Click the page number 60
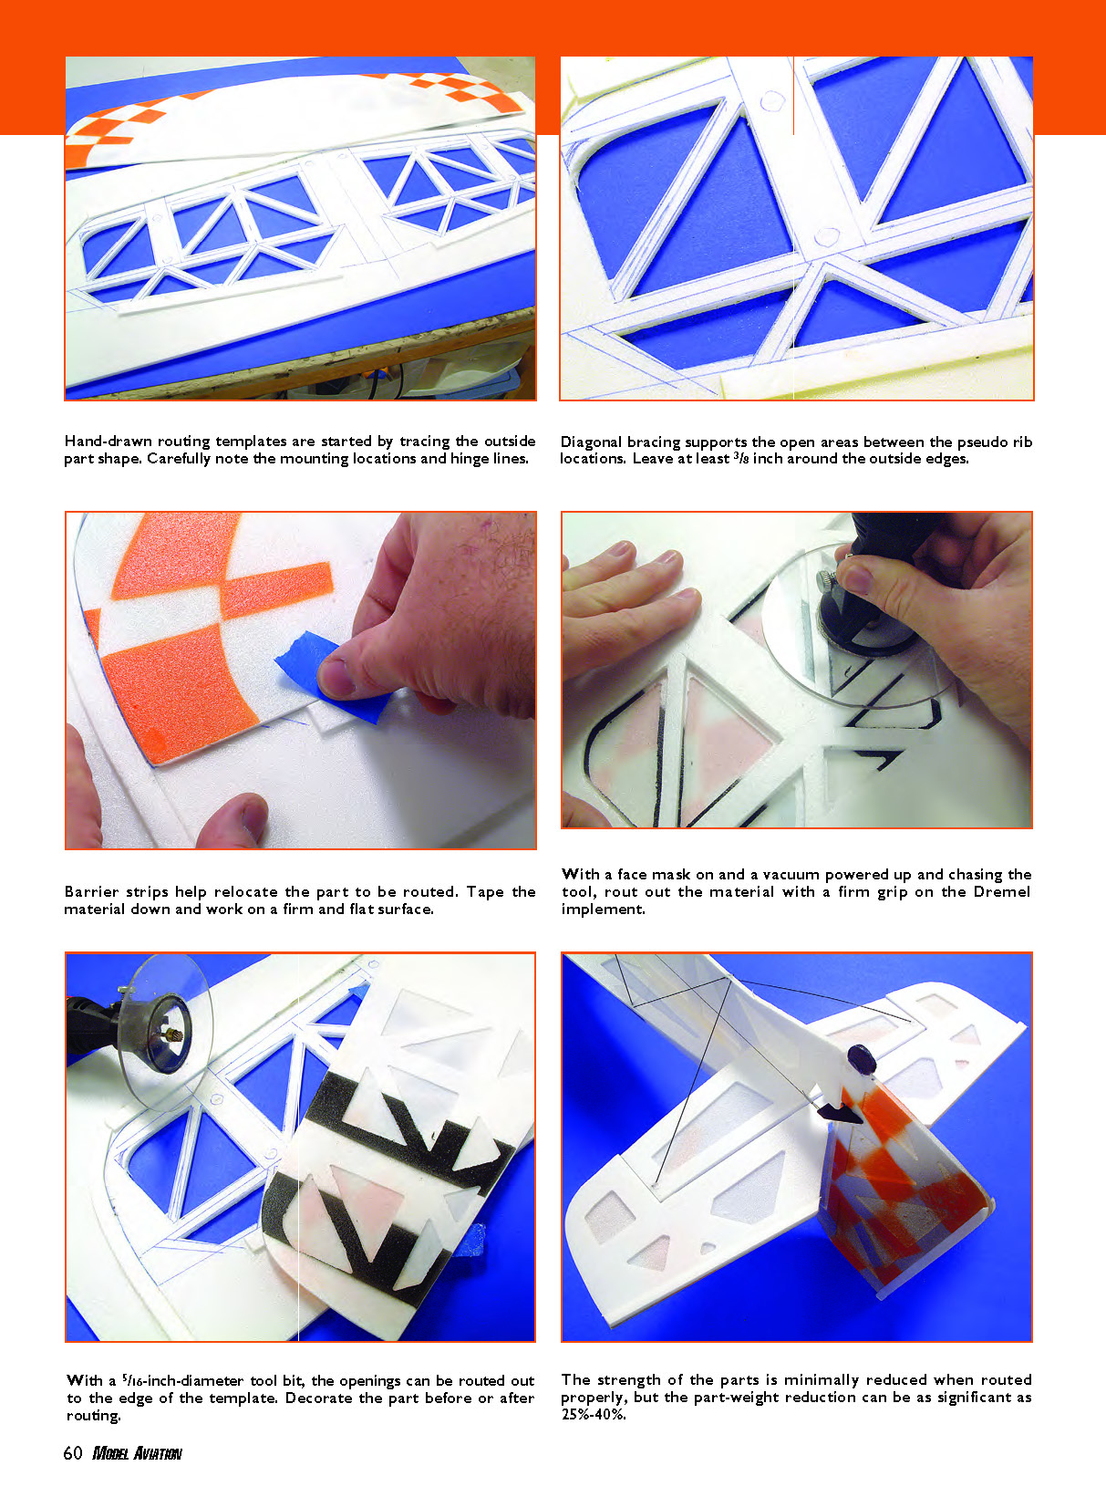[x=73, y=1452]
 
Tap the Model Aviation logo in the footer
[x=137, y=1453]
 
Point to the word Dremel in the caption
[x=1001, y=891]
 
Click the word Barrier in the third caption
[x=92, y=891]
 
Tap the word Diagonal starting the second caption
[x=592, y=442]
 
